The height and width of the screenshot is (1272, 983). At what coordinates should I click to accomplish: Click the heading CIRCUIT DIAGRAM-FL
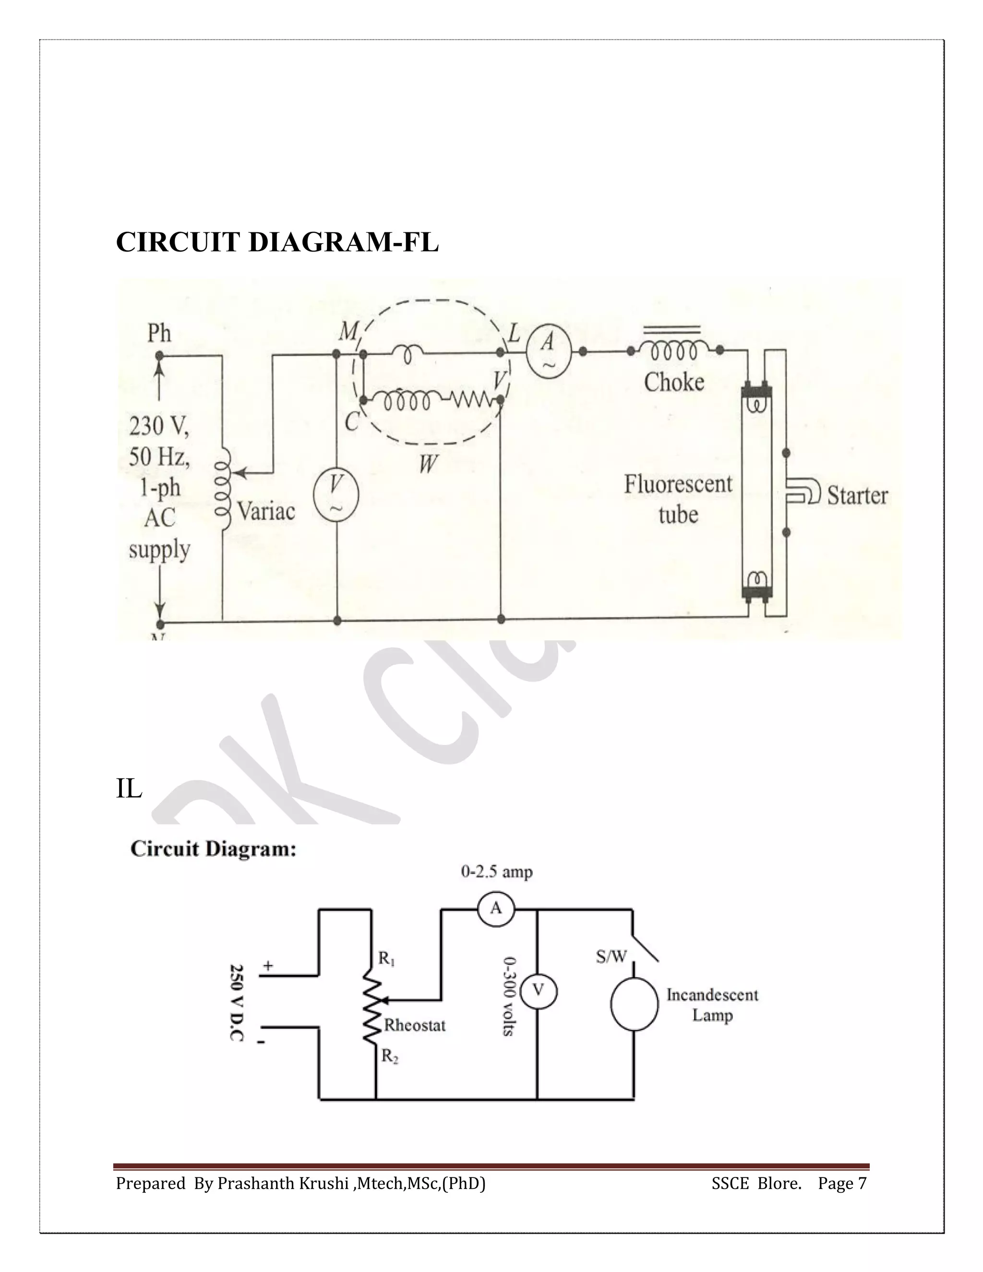pos(277,242)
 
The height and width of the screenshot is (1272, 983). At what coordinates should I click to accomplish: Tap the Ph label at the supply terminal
pos(159,333)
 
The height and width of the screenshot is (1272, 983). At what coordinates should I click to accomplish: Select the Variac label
pos(266,511)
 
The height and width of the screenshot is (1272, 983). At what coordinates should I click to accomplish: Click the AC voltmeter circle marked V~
pos(336,494)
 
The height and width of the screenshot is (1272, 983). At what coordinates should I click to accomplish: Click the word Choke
pos(674,383)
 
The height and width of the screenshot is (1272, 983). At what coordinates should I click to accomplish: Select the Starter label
pos(857,496)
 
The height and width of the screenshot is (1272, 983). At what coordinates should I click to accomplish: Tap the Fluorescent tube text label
pos(678,499)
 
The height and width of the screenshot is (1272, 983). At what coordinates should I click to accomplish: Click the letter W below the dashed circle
pos(428,464)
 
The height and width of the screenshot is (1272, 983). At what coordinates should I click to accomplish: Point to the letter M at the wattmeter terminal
pos(348,332)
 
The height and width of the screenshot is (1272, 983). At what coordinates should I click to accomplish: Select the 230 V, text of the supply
pos(158,426)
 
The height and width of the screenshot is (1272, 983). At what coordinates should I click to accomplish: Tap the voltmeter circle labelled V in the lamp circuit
pos(538,991)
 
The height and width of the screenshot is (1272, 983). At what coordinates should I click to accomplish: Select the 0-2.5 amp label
pos(496,872)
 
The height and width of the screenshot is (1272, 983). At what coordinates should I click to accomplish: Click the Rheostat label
pos(415,1025)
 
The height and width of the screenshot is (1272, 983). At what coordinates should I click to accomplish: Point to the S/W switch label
pos(611,956)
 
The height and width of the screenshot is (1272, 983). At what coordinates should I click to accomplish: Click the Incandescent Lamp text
pos(712,1005)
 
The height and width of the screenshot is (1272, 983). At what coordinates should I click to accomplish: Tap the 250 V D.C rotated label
pos(237,1002)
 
